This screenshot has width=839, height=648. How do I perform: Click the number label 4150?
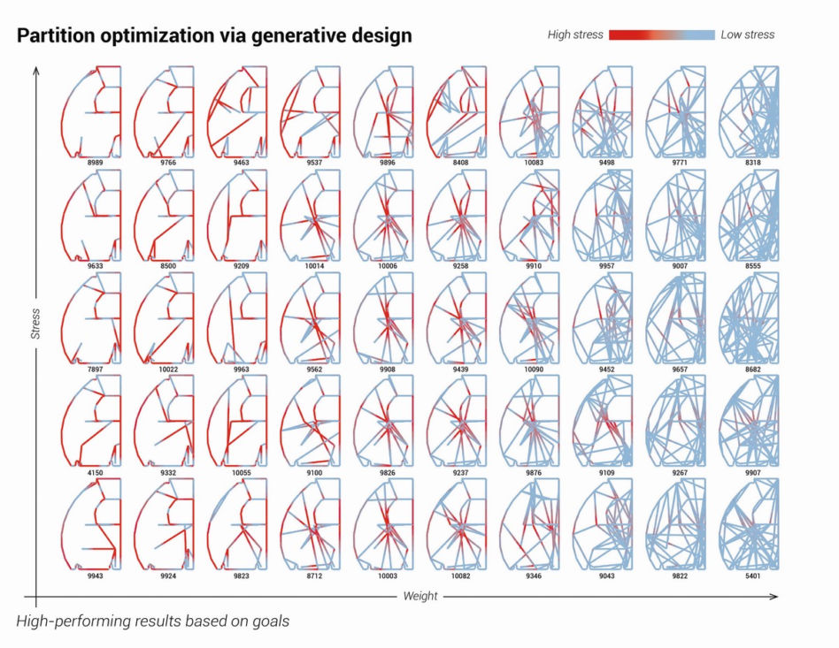pos(96,473)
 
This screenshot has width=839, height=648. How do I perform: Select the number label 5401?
pos(752,576)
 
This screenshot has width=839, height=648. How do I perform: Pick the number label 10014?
pos(314,266)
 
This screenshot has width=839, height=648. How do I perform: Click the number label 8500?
pos(168,266)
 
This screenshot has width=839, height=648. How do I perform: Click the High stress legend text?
pos(575,34)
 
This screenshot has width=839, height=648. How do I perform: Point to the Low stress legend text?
pos(748,34)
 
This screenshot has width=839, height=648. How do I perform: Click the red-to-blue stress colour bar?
pos(662,34)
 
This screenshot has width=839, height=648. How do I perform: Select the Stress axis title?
pos(35,324)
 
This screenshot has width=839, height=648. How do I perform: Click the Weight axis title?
pos(420,596)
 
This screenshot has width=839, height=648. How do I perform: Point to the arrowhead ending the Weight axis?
pos(774,596)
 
